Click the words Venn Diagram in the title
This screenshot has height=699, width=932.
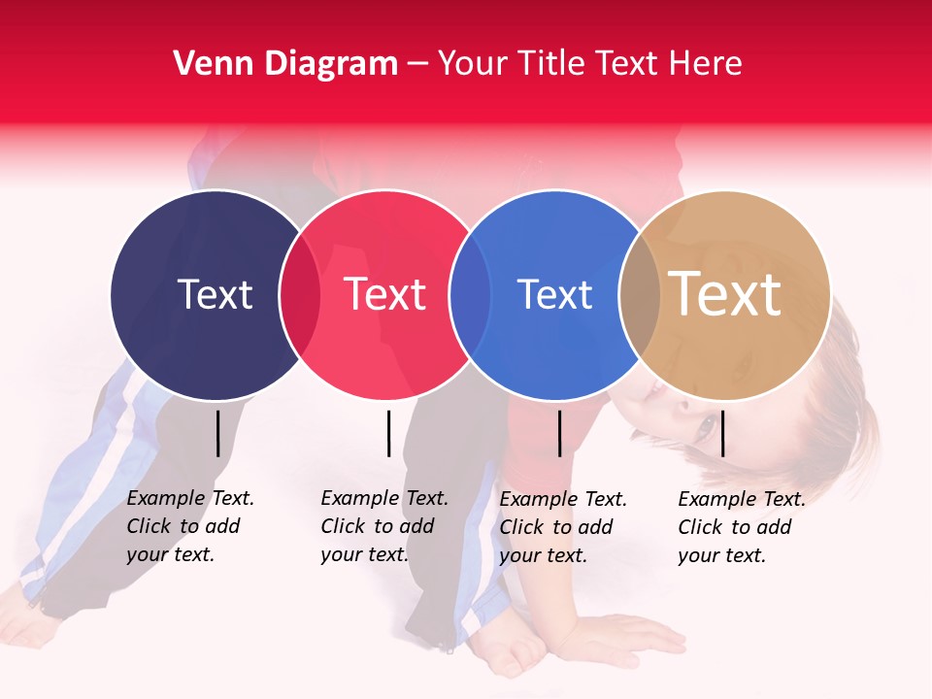(x=285, y=64)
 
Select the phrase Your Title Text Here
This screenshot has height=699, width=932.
(x=589, y=64)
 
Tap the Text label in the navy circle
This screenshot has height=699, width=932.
(x=215, y=294)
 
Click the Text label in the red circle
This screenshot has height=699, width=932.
(x=385, y=294)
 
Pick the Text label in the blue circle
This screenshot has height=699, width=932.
(x=554, y=294)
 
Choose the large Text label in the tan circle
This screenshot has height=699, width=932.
(x=725, y=293)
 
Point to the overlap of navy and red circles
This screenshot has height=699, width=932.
(x=300, y=294)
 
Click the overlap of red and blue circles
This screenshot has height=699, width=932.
(x=470, y=294)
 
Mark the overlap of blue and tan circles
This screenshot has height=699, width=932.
(x=640, y=294)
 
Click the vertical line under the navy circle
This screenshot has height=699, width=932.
(x=217, y=433)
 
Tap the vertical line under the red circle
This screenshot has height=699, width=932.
(x=388, y=433)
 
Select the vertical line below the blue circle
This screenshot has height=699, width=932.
(x=559, y=433)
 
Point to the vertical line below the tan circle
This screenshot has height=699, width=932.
(x=722, y=433)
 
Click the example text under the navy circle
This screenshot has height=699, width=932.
(x=189, y=526)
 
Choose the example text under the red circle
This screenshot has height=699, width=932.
(x=383, y=526)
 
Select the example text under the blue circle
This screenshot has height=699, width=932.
(x=562, y=527)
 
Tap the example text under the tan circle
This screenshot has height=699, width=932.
(x=741, y=527)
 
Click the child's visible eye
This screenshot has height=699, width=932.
(x=706, y=425)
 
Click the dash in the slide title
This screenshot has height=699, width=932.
(x=417, y=64)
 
